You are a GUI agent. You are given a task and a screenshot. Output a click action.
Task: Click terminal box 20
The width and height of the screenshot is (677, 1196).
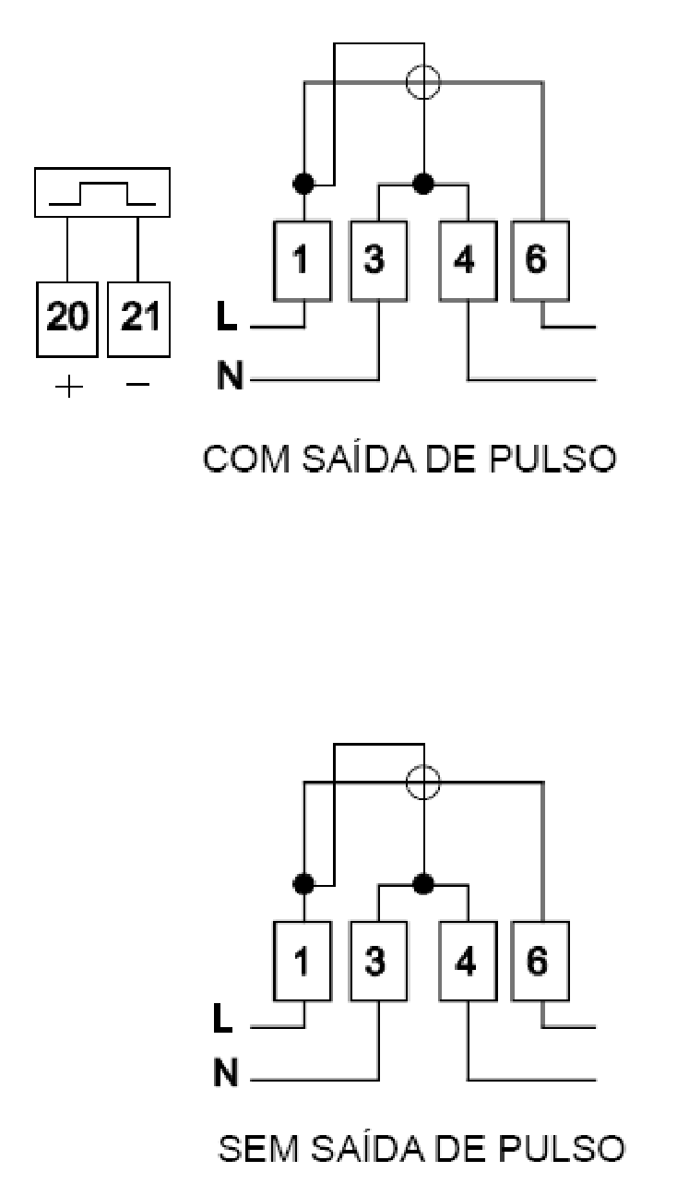click(x=67, y=319)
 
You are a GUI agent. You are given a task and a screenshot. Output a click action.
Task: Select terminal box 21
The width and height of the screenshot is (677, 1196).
click(x=138, y=319)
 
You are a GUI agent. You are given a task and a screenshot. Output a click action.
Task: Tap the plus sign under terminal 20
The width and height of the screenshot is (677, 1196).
click(x=69, y=386)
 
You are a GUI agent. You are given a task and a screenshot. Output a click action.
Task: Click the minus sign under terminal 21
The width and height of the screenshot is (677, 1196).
click(x=138, y=383)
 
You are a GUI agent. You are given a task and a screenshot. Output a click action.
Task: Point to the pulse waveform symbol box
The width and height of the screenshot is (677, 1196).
click(x=102, y=192)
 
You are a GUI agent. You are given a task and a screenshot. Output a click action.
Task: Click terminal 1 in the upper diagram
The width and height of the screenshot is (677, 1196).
click(x=303, y=261)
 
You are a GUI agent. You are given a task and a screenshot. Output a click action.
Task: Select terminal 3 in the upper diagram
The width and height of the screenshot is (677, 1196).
click(x=378, y=261)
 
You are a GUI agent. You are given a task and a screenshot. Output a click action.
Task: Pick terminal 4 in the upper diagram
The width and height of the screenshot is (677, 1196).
click(x=468, y=261)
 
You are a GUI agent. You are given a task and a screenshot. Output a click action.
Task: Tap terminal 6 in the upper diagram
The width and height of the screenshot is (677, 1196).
click(x=540, y=261)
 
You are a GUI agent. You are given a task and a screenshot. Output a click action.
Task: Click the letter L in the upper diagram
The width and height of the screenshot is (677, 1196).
click(x=227, y=317)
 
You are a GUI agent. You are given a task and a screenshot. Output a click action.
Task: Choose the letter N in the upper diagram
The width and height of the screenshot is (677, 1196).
click(x=230, y=375)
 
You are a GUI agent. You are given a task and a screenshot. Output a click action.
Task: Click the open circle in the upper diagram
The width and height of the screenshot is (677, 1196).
click(x=423, y=82)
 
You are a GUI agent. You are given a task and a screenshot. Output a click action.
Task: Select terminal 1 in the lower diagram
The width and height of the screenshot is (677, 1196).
click(x=303, y=961)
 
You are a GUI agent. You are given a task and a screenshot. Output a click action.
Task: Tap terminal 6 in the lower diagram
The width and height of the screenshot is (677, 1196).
click(x=540, y=961)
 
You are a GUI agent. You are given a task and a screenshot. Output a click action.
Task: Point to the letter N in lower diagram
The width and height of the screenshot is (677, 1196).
click(x=226, y=1072)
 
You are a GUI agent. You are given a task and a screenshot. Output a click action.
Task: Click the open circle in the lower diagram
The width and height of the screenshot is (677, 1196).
click(x=423, y=783)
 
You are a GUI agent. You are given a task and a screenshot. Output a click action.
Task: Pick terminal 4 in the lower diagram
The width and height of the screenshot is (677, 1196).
click(x=468, y=961)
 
